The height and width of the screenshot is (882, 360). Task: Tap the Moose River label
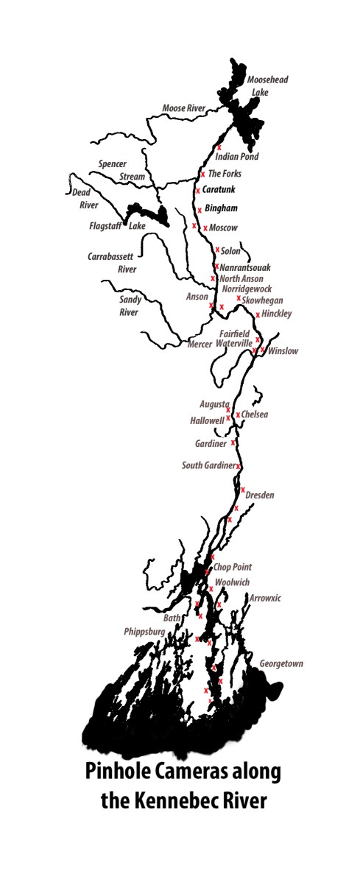[183, 109]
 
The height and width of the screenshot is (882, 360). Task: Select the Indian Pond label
[237, 157]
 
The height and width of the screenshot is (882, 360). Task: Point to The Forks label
[225, 174]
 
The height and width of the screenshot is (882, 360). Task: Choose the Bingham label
[221, 208]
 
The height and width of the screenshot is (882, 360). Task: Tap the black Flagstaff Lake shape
[147, 214]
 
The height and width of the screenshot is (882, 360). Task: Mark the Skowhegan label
[262, 300]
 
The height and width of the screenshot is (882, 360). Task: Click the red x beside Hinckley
[258, 315]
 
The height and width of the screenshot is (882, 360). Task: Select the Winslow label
[283, 351]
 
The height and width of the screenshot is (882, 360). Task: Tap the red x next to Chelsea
[238, 415]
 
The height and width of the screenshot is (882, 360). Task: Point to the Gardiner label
[211, 445]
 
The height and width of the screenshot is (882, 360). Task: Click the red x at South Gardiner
[239, 467]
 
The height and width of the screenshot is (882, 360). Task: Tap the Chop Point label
[233, 567]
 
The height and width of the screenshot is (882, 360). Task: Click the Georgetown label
[281, 664]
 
